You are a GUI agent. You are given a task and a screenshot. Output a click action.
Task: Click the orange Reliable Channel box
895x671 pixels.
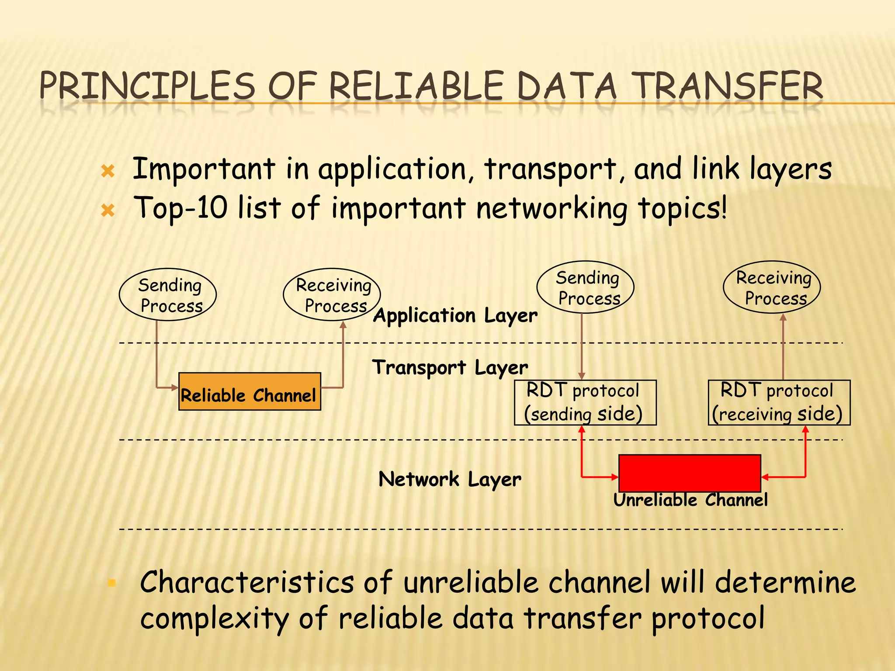pyautogui.click(x=250, y=391)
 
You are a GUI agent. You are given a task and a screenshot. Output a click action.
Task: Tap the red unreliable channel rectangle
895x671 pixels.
pyautogui.click(x=690, y=473)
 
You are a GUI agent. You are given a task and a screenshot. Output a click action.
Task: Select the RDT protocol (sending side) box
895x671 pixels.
pyautogui.click(x=585, y=402)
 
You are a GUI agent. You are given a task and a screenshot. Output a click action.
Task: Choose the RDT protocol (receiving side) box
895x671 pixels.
pyautogui.click(x=779, y=402)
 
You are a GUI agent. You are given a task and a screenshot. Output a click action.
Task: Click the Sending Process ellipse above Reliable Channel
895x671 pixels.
pyautogui.click(x=168, y=294)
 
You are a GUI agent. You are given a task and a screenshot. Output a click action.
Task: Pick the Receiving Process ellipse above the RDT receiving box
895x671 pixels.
pyautogui.click(x=772, y=287)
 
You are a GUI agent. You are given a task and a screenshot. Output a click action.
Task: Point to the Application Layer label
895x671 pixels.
pyautogui.click(x=455, y=315)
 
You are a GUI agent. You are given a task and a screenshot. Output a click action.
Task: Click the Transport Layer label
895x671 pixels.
pyautogui.click(x=450, y=368)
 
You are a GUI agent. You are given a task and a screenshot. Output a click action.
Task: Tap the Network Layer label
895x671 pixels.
pyautogui.click(x=450, y=479)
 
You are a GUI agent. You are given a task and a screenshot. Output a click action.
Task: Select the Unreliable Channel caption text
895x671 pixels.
pyautogui.click(x=690, y=500)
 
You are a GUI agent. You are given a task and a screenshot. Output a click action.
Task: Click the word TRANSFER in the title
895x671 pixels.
pyautogui.click(x=728, y=86)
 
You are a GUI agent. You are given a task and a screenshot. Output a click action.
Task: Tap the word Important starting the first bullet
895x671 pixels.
pyautogui.click(x=204, y=169)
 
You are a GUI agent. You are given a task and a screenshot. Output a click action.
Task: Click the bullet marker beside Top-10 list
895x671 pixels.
pyautogui.click(x=108, y=211)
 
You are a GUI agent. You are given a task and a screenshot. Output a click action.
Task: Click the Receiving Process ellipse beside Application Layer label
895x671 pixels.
pyautogui.click(x=332, y=294)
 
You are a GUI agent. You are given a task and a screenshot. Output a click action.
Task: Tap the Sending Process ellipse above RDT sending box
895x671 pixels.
pyautogui.click(x=585, y=287)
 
